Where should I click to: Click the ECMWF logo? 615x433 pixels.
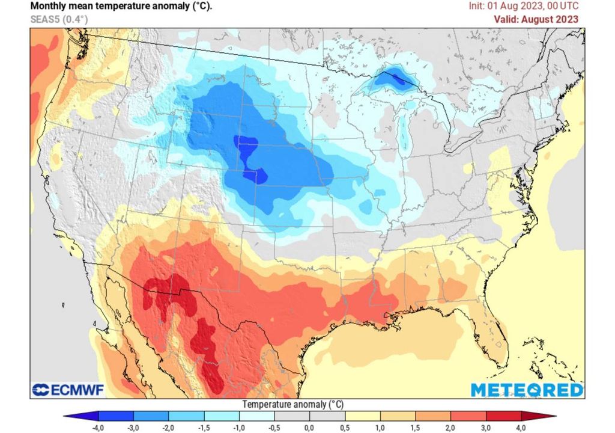pos(68,390)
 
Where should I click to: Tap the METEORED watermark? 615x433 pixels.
pos(526,390)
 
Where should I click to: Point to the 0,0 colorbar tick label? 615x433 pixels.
pos(309,427)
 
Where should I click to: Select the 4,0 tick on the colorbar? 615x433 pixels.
pos(521,427)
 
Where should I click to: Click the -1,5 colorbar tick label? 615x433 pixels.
pos(204,427)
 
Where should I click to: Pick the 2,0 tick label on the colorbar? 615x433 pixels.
pos(450,427)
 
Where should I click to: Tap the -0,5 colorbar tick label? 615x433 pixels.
pos(274,427)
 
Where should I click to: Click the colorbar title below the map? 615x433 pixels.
pos(292,404)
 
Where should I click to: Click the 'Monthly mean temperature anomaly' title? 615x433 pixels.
pos(121,7)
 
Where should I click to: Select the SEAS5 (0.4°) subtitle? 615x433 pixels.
pos(59,19)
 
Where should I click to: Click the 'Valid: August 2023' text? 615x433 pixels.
pos(536,19)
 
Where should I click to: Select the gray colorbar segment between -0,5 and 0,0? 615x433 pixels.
pos(292,416)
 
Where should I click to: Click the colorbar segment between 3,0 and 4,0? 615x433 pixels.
pos(503,416)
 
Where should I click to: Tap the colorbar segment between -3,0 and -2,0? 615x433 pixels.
pos(151,416)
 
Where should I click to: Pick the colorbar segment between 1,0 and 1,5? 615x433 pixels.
pos(398,416)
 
